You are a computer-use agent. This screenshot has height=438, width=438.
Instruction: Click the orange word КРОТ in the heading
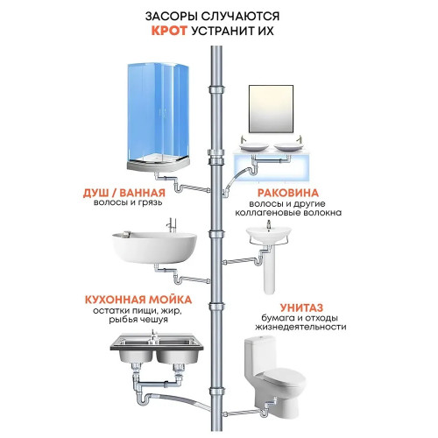[x=169, y=31]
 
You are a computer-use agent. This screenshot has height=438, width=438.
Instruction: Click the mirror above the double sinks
[x=271, y=109]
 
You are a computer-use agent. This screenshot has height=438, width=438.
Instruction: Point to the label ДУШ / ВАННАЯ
[x=124, y=193]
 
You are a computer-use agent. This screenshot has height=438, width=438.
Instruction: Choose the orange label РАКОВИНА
[x=288, y=193]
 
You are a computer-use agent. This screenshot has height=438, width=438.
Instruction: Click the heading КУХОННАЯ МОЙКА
[x=138, y=300]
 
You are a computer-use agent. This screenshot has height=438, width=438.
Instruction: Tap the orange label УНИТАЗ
[x=302, y=307]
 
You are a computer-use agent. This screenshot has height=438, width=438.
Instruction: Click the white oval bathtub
[x=154, y=248]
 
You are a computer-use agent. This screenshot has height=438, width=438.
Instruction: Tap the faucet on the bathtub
[x=172, y=225]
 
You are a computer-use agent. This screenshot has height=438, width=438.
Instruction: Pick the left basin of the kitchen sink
[x=136, y=356]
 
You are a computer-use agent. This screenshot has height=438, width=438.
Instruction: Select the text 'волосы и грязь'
[x=128, y=202]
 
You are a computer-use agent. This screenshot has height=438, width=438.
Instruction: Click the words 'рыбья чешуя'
[x=138, y=320]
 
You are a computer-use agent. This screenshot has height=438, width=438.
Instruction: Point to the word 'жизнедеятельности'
[x=300, y=327]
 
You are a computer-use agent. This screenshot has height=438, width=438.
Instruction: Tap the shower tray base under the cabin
[x=159, y=166]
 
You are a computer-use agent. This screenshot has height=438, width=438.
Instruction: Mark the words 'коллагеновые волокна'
[x=288, y=212]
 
